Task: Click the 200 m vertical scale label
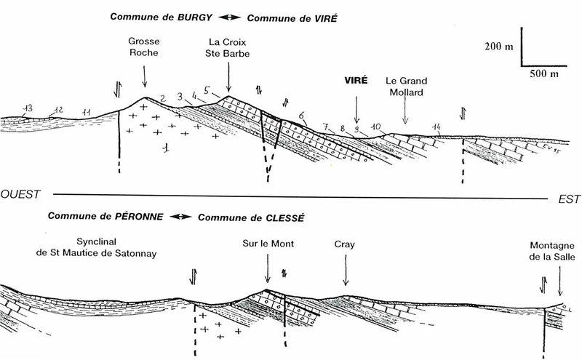point(499,47)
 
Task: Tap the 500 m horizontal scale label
point(543,73)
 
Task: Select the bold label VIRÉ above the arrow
point(356,80)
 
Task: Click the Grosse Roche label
point(144,47)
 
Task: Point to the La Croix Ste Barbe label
point(227,48)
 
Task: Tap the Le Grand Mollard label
point(407,86)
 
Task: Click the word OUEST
point(20,194)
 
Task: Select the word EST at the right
point(569,199)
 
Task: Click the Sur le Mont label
point(268,244)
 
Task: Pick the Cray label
point(344,244)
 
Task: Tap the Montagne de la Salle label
point(552,251)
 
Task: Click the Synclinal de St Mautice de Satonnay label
point(97,247)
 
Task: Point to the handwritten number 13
point(28,108)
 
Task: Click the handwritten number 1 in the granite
point(167,148)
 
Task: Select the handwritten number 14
point(436,128)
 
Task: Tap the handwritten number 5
point(207,91)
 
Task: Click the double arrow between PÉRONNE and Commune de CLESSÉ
point(180,217)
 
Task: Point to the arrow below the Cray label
point(346,270)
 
